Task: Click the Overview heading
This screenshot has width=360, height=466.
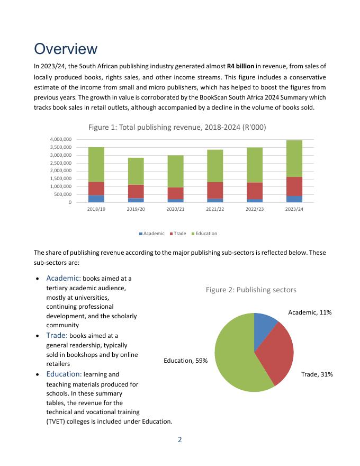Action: [x=66, y=49]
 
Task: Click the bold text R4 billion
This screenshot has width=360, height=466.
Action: [x=241, y=66]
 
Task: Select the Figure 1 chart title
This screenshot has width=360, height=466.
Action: [x=177, y=127]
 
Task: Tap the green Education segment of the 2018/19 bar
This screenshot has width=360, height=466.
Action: [x=96, y=164]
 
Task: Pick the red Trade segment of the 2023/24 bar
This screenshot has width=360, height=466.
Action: [x=294, y=186]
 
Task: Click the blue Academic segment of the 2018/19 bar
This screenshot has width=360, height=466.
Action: [x=96, y=199]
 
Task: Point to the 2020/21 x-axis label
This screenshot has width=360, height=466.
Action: [x=175, y=210]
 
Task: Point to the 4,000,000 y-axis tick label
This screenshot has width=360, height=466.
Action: [x=59, y=139]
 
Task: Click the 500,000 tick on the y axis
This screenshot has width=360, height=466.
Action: [x=61, y=194]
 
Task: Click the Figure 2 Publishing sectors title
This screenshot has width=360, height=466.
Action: [x=251, y=290]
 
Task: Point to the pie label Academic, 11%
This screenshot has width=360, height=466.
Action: [x=310, y=312]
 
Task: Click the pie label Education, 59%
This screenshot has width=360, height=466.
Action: [x=185, y=361]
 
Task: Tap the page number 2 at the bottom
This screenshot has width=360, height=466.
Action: [x=180, y=440]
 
